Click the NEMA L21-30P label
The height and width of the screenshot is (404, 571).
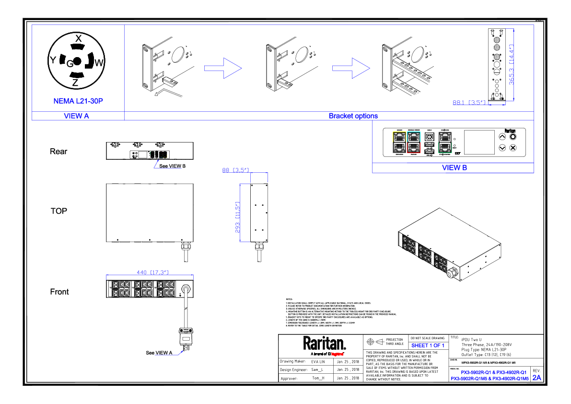coord(78,101)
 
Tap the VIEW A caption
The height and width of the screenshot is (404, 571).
coord(77,116)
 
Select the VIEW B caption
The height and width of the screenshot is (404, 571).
coord(454,168)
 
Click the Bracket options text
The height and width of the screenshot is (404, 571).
coord(353,116)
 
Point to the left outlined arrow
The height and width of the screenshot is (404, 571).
coord(223,68)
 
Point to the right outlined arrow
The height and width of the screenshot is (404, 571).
coord(351,68)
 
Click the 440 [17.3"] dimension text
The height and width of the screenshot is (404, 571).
coord(152,273)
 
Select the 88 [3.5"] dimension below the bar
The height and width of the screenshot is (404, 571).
coord(235,170)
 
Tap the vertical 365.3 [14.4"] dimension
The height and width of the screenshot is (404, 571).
coord(512,65)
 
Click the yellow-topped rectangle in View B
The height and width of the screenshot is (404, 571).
coord(399,142)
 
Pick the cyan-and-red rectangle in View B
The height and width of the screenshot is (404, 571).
coord(414,142)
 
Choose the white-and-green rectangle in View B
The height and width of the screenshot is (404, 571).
coord(445,142)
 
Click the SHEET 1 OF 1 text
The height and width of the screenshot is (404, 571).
coord(428,345)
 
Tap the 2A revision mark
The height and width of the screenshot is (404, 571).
coord(537,378)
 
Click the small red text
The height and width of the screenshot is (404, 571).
coord(337,354)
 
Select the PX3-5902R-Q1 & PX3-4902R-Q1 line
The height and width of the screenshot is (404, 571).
coord(493,372)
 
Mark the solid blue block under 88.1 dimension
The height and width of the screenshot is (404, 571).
coord(479,108)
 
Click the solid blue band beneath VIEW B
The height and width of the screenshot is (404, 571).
coord(453,178)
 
